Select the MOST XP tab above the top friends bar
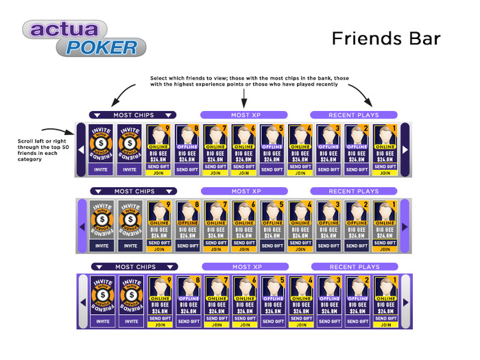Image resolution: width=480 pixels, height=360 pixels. (244, 115)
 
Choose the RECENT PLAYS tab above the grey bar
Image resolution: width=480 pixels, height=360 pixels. (354, 191)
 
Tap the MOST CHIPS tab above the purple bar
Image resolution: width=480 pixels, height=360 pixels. (133, 267)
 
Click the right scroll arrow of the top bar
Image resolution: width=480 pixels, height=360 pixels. (405, 149)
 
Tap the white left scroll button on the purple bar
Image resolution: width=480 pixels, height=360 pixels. (82, 300)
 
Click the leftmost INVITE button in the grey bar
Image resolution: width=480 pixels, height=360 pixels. (101, 245)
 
